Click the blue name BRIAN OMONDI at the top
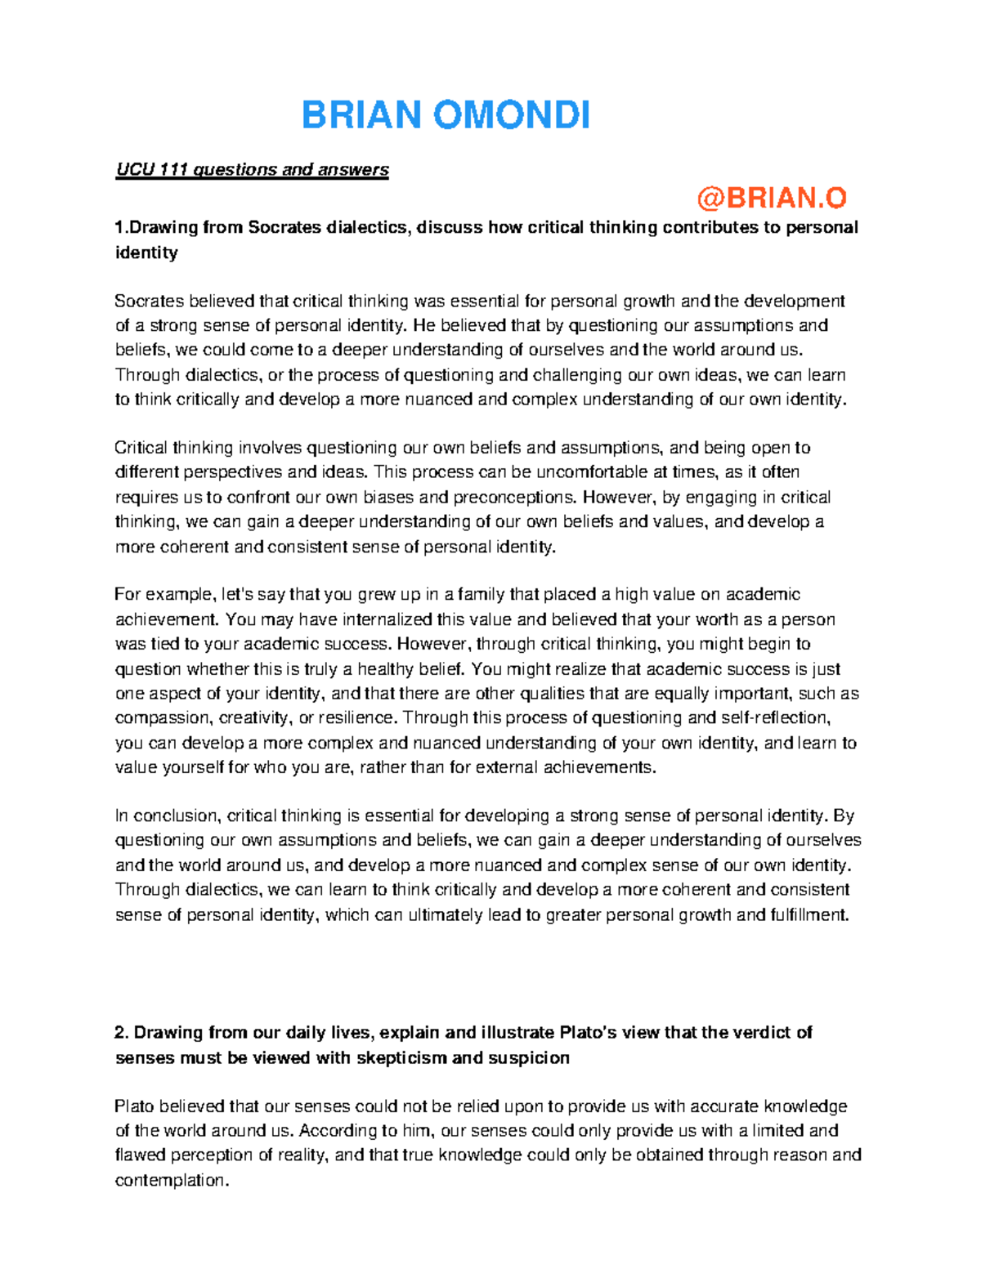click(x=446, y=115)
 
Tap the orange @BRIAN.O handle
click(x=771, y=198)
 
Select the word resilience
click(x=355, y=717)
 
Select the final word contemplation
click(x=171, y=1180)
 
